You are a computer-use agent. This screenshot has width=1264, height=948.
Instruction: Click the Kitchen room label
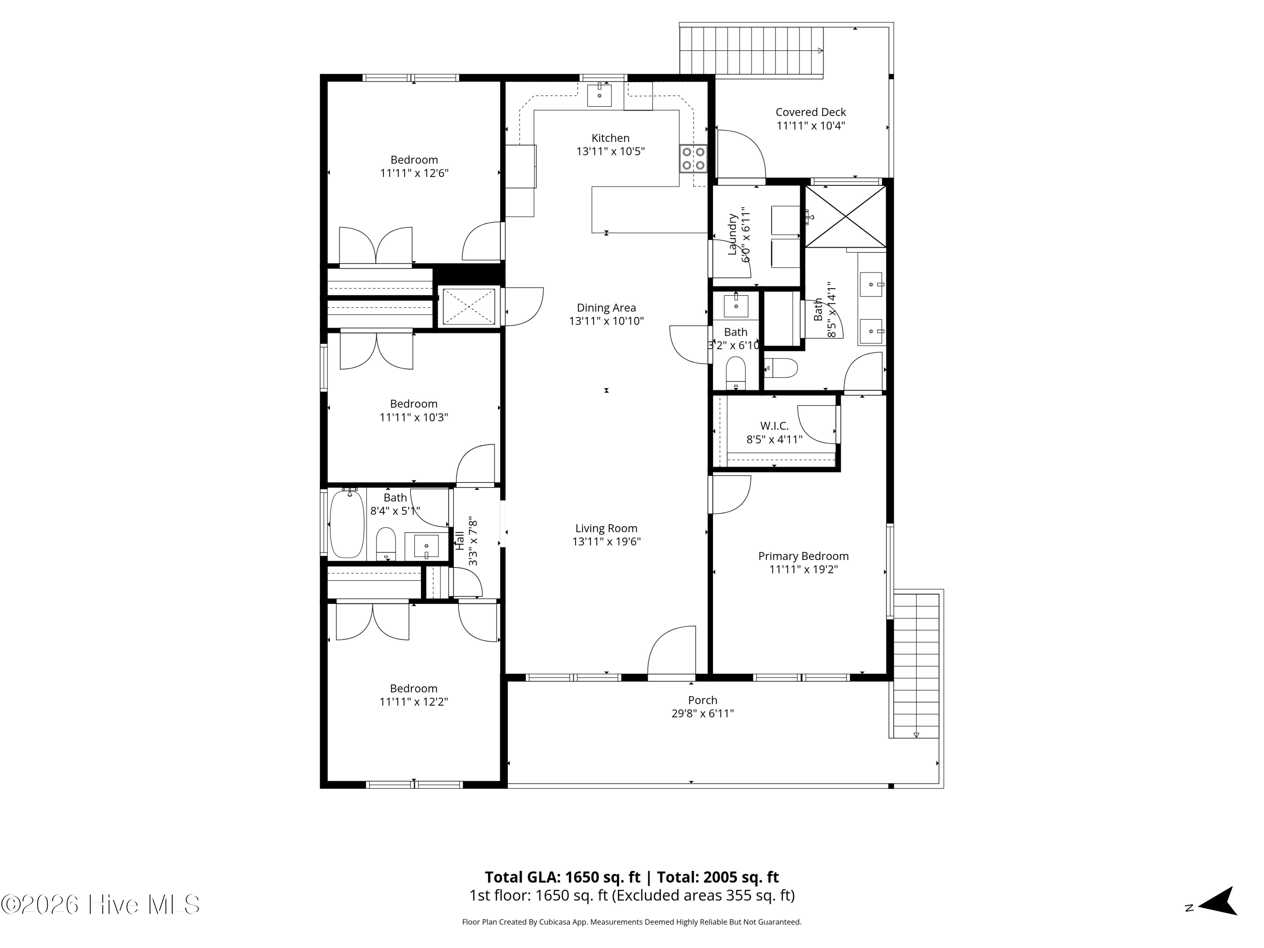point(610,138)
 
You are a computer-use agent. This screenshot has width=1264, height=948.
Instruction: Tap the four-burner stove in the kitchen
point(693,159)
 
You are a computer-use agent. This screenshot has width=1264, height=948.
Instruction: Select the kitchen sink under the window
point(600,95)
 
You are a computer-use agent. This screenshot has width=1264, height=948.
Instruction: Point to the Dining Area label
point(606,308)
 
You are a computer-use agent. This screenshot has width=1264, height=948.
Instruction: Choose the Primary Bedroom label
point(803,556)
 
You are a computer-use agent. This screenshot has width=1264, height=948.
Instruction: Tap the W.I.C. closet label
point(774,426)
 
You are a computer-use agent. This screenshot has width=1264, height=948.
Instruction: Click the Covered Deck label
point(810,112)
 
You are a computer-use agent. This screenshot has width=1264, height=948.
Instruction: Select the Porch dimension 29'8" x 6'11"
point(702,713)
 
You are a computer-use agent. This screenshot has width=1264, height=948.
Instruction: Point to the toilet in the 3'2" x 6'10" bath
point(736,372)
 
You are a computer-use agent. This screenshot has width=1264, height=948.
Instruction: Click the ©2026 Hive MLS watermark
point(101,905)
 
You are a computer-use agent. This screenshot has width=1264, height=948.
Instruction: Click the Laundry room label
point(732,234)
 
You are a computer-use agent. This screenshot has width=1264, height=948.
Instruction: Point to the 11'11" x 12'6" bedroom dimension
point(414,173)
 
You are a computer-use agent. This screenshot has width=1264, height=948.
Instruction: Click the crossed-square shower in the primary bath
point(846,216)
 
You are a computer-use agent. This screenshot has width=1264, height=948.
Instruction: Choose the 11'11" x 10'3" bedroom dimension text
point(414,417)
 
